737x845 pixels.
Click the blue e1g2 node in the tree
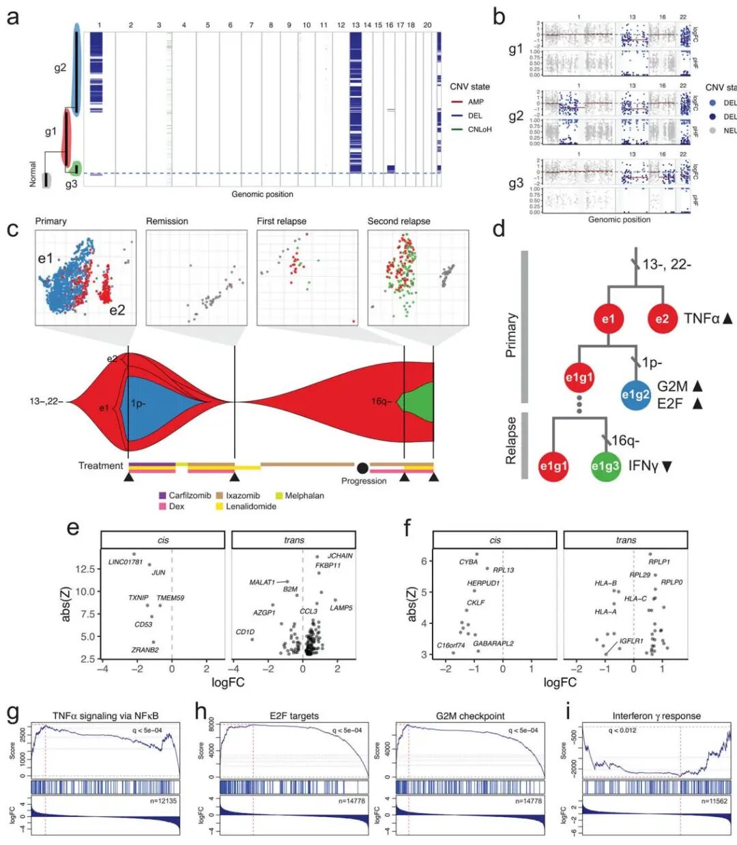pyautogui.click(x=635, y=394)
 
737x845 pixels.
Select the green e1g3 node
pyautogui.click(x=605, y=466)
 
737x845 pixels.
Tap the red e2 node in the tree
pyautogui.click(x=662, y=318)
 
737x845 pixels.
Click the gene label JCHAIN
pyautogui.click(x=340, y=556)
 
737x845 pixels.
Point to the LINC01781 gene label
pyautogui.click(x=126, y=563)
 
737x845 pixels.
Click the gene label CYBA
pyautogui.click(x=468, y=563)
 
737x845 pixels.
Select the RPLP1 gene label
pyautogui.click(x=659, y=563)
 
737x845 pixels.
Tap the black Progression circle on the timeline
pyautogui.click(x=362, y=467)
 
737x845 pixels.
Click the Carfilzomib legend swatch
pyautogui.click(x=162, y=496)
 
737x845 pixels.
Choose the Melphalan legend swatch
pyautogui.click(x=279, y=496)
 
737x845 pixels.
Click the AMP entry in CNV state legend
pyautogui.click(x=476, y=102)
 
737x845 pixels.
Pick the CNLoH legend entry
pyautogui.click(x=480, y=129)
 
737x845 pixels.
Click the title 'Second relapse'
pyautogui.click(x=399, y=222)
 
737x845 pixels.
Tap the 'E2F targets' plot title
pyautogui.click(x=294, y=716)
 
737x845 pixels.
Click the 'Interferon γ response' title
pyautogui.click(x=656, y=716)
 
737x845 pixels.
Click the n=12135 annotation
pyautogui.click(x=163, y=801)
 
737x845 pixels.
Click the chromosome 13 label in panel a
pyautogui.click(x=356, y=25)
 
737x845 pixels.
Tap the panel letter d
pyautogui.click(x=499, y=229)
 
